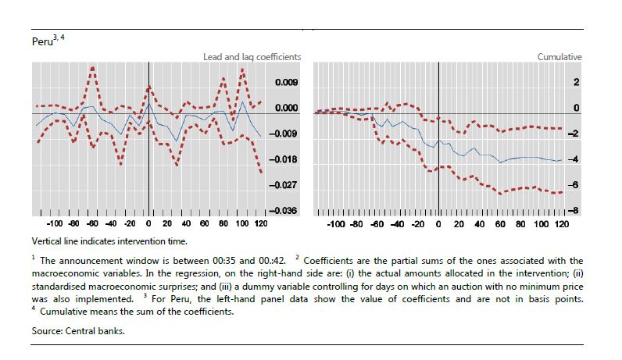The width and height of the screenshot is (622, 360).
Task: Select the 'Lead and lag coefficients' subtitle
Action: pyautogui.click(x=252, y=57)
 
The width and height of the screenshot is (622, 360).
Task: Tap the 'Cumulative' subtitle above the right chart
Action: pyautogui.click(x=559, y=57)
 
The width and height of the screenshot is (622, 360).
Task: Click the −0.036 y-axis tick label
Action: pyautogui.click(x=283, y=211)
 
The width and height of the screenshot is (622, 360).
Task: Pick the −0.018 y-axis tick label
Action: pyautogui.click(x=283, y=159)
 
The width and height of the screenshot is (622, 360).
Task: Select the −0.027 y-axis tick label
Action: pyautogui.click(x=283, y=185)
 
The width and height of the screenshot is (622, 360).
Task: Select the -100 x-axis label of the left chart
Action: pyautogui.click(x=54, y=223)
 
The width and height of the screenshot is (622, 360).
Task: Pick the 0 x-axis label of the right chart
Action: pyautogui.click(x=439, y=223)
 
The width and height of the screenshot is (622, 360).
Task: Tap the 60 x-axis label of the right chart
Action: pyautogui.click(x=499, y=223)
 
